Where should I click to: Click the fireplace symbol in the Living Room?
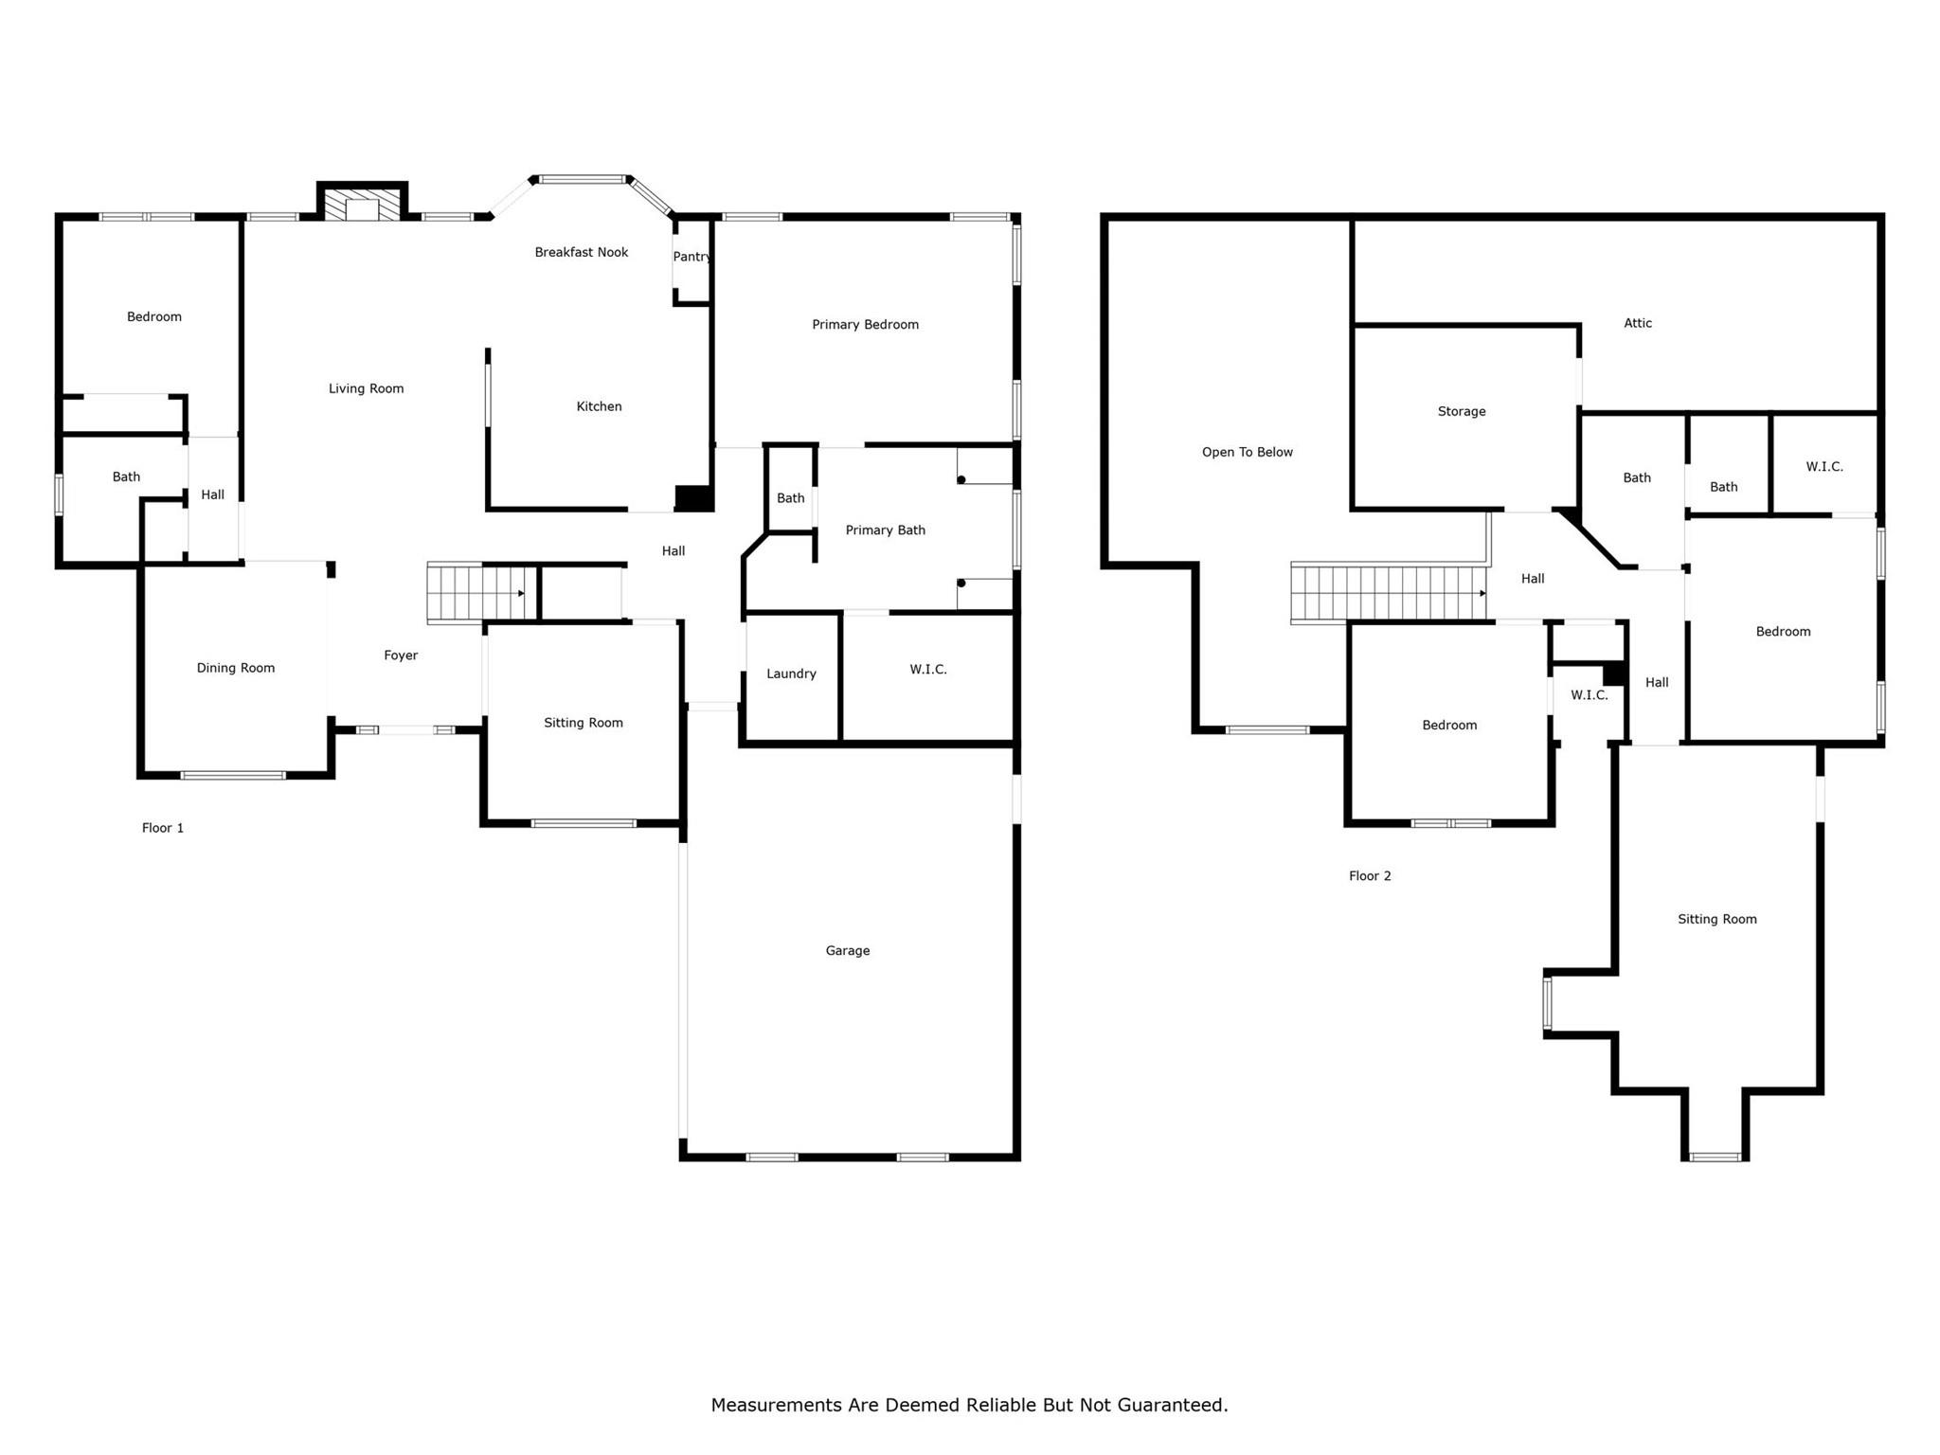[x=362, y=207]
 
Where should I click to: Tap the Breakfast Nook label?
[x=581, y=252]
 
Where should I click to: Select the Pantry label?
[x=692, y=257]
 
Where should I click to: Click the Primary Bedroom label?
[x=865, y=325]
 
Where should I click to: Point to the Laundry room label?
[x=791, y=674]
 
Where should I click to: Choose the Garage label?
[x=847, y=950]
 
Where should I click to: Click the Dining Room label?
[x=235, y=668]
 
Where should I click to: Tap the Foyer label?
[x=401, y=656]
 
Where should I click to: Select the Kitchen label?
[x=599, y=406]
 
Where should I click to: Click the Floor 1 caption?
[x=163, y=828]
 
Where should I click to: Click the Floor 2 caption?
[x=1370, y=876]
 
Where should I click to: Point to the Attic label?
[x=1637, y=323]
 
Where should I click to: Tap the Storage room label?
[x=1461, y=411]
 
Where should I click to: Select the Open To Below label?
[x=1247, y=452]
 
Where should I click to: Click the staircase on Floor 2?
[x=1387, y=593]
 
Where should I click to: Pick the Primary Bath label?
[x=885, y=530]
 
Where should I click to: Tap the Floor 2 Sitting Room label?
[x=1716, y=919]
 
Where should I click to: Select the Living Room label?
[x=366, y=388]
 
